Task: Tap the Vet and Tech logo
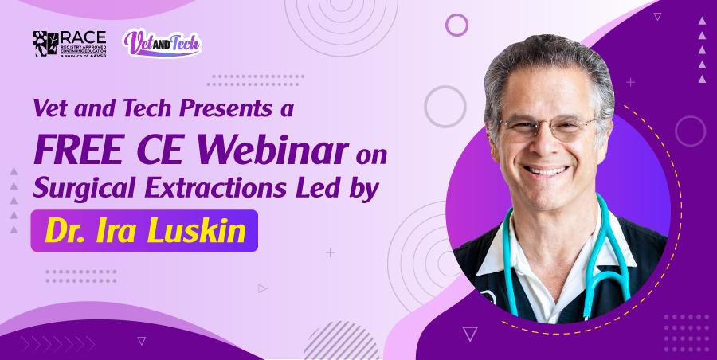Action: tap(162, 43)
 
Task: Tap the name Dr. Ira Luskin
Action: tap(144, 231)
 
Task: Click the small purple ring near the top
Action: tap(456, 25)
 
